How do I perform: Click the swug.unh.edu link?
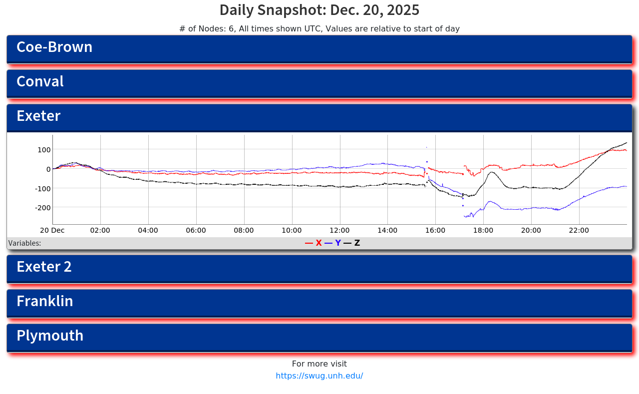click(319, 376)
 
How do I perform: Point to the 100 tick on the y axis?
click(44, 150)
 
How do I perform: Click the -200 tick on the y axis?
click(42, 207)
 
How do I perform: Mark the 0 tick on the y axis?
click(48, 169)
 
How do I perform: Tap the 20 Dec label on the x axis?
click(52, 231)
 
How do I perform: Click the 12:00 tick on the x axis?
click(339, 231)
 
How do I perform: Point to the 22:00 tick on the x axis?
click(579, 231)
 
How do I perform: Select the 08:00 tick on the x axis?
click(244, 231)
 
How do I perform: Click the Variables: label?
click(24, 243)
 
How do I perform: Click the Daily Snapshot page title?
click(319, 10)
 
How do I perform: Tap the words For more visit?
click(319, 364)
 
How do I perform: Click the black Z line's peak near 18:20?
click(492, 172)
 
